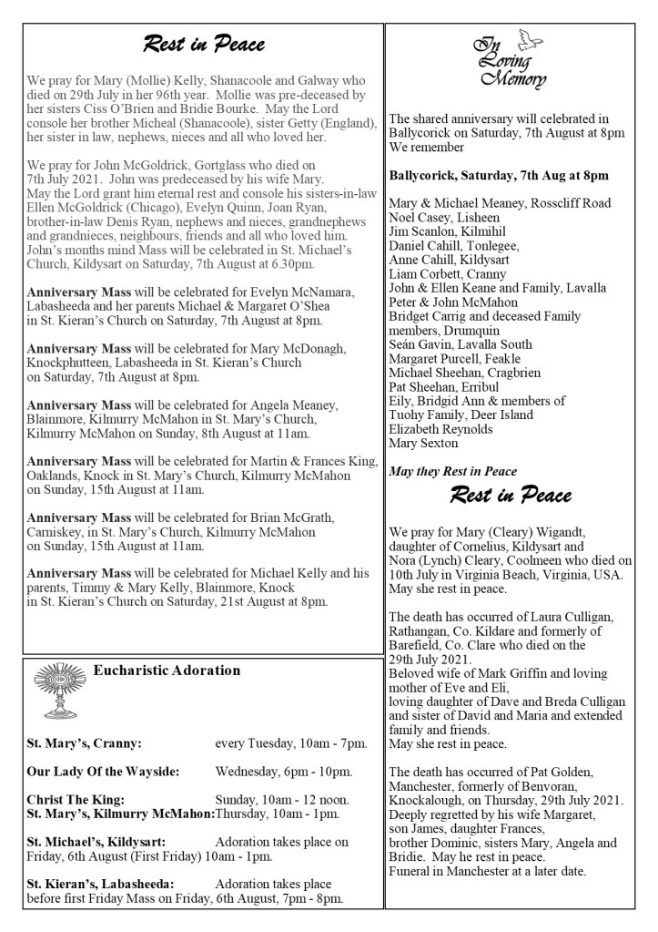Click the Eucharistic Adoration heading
click(167, 671)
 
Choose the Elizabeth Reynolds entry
click(443, 429)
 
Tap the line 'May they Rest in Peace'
click(452, 471)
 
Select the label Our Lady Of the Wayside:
click(102, 772)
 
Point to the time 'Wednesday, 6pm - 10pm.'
click(292, 772)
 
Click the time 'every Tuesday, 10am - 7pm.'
click(291, 743)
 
